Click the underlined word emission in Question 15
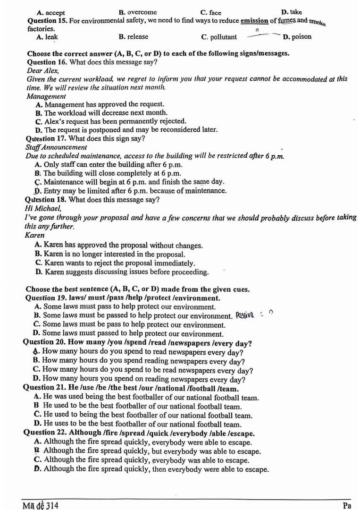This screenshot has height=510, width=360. pos(254,21)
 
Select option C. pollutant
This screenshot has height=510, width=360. pos(219,37)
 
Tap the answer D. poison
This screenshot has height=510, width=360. pos(297,37)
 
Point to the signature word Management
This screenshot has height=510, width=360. pos(46,96)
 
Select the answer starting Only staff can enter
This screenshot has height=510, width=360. pos(109,164)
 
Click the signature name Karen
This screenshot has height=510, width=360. pos(35,235)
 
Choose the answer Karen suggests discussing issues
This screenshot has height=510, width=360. pos(122,272)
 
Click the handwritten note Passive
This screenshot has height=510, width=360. pos(245,315)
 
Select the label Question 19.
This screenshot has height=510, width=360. pos(46,298)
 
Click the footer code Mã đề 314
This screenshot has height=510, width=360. pos(41,505)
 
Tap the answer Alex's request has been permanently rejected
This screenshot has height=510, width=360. pos(111,121)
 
